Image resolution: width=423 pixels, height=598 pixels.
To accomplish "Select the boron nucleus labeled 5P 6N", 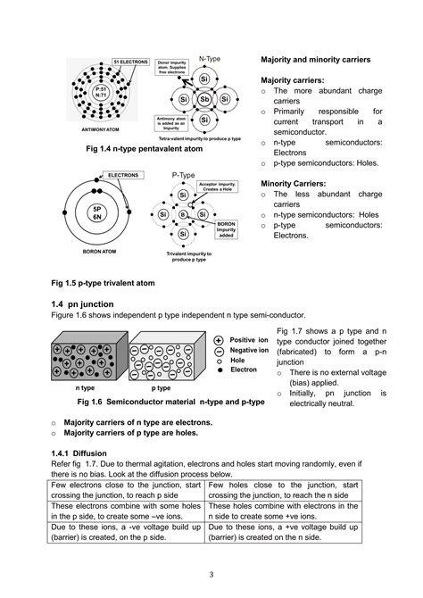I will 93,212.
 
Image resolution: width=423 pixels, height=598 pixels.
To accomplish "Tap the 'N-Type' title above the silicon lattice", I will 209,55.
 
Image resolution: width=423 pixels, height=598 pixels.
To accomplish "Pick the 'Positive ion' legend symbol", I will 219,340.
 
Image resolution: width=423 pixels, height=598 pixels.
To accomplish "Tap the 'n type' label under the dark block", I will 85,389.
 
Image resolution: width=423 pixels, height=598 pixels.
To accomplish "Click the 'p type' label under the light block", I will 161,389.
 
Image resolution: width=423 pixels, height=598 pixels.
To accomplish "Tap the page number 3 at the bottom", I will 211,572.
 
